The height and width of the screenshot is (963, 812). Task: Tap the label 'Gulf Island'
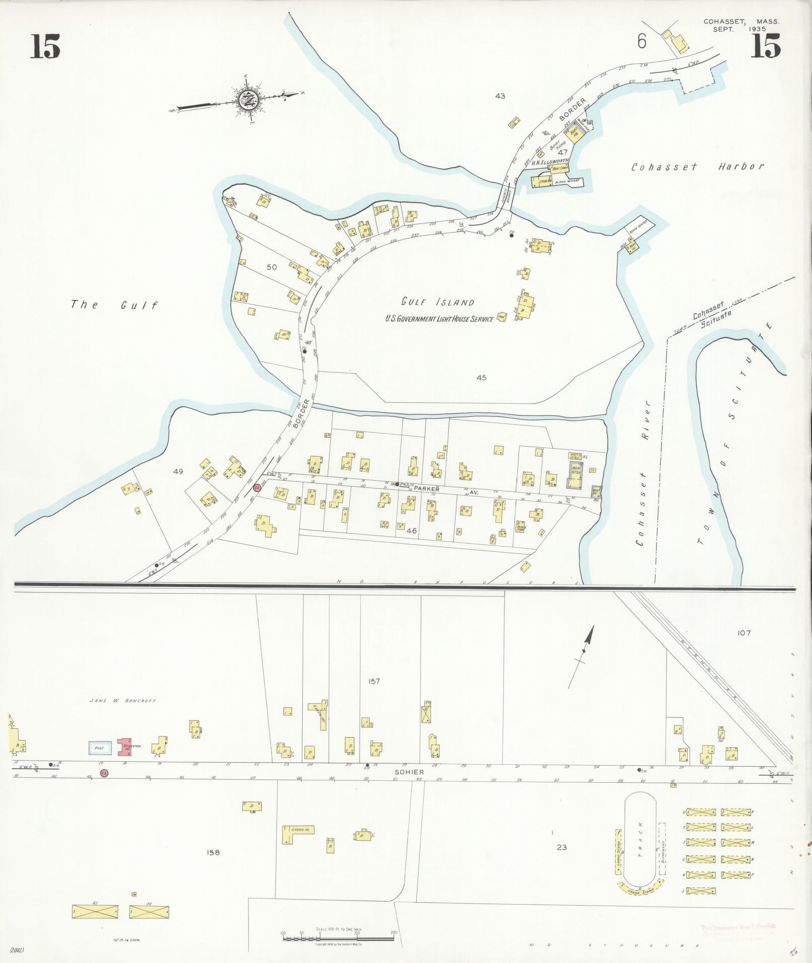437,302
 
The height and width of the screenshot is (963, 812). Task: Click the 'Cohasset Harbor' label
698,167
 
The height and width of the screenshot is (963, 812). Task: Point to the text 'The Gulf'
114,305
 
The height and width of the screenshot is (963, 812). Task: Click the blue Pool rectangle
100,749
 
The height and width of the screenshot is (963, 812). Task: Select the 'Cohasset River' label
644,473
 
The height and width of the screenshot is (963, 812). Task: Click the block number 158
213,852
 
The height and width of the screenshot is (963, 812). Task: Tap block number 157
374,682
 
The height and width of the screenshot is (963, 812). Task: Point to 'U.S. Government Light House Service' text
439,319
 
